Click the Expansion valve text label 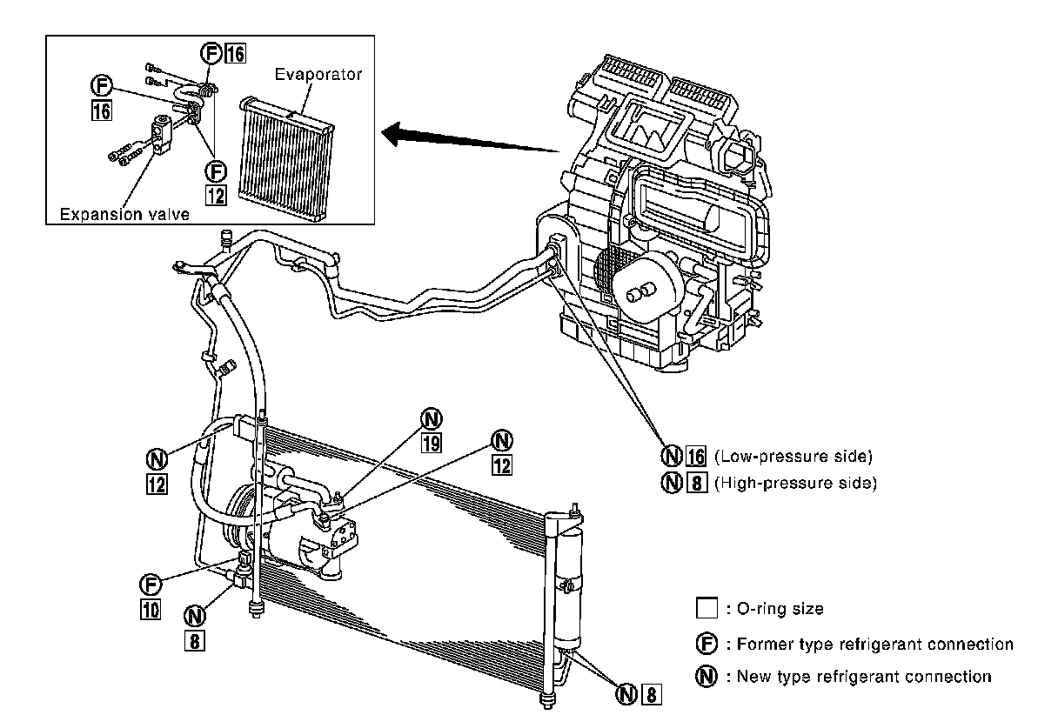pyautogui.click(x=124, y=213)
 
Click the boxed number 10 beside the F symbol pyautogui.click(x=151, y=610)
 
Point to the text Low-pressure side pyautogui.click(x=793, y=456)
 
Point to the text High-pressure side pyautogui.click(x=794, y=482)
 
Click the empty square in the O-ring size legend pyautogui.click(x=706, y=609)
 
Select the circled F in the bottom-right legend pyautogui.click(x=706, y=645)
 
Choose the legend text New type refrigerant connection pyautogui.click(x=863, y=676)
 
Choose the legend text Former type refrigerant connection pyautogui.click(x=874, y=645)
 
